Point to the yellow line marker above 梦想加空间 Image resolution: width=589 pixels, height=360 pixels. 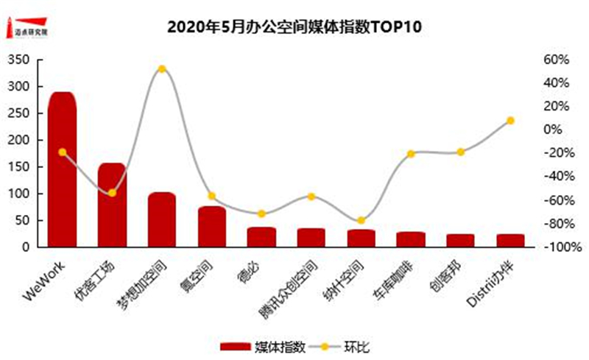[162, 69]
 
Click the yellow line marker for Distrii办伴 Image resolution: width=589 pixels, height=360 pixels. [510, 120]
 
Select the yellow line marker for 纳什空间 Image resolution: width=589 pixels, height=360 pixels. [361, 220]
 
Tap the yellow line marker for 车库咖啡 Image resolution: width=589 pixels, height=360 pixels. [411, 154]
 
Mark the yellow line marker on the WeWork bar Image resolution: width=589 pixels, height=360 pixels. [62, 152]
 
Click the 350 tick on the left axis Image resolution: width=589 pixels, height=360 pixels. [20, 60]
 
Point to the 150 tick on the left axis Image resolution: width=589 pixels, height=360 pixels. [20, 167]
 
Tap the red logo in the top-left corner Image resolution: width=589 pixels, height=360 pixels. [28, 27]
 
